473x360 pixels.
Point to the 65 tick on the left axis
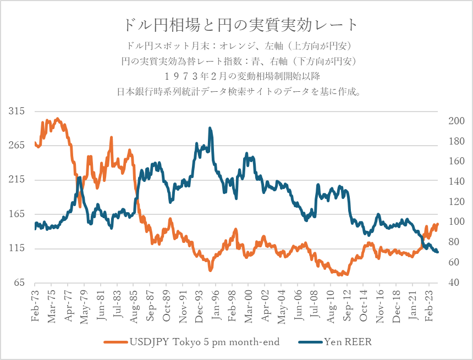[19, 283]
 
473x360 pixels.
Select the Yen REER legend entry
[335, 342]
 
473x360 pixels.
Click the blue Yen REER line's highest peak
[210, 128]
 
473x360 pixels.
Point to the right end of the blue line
[438, 252]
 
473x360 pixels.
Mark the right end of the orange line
[438, 224]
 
